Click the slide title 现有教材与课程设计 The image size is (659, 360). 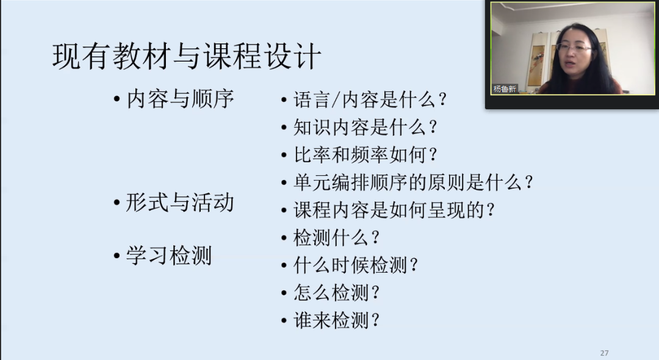(187, 56)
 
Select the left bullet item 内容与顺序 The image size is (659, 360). (180, 99)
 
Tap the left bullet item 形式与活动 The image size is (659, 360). (180, 203)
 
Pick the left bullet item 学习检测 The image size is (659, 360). (169, 256)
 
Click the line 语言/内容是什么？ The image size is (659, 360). (370, 100)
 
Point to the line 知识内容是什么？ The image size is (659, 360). (366, 128)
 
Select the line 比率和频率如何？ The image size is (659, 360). (366, 155)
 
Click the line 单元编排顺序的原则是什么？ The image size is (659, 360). (413, 182)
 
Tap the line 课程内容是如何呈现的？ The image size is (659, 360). (394, 210)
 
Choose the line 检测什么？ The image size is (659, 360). (337, 238)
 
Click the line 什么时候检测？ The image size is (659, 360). (356, 265)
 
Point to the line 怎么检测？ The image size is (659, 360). (337, 293)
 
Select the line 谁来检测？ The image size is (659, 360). (337, 320)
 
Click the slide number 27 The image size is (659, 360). (604, 353)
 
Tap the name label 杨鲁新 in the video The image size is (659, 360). (505, 89)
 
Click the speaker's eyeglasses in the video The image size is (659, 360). (573, 48)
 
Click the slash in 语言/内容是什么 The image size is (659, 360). (336, 100)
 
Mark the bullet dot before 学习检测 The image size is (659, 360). (117, 256)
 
